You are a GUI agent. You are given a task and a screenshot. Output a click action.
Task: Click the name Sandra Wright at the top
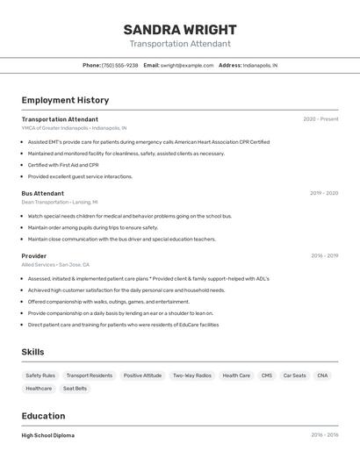179,29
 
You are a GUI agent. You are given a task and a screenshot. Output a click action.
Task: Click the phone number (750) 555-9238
119,65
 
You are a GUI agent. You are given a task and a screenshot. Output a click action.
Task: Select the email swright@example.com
187,65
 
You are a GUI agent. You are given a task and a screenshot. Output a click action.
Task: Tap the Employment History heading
65,100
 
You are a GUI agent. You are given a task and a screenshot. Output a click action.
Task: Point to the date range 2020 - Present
320,119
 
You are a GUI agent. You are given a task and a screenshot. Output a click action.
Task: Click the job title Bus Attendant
42,193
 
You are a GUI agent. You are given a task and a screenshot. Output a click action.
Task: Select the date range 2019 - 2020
323,193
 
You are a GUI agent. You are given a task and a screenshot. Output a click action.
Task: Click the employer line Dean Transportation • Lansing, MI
66,202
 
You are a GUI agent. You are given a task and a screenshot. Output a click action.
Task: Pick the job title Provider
33,256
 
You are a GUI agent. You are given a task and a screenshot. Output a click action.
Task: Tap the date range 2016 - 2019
324,256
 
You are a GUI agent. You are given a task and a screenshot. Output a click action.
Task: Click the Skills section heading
33,352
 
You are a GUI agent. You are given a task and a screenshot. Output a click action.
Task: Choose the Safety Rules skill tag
40,376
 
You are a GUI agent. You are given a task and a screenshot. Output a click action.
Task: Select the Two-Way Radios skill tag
191,376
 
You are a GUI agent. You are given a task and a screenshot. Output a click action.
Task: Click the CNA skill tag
323,376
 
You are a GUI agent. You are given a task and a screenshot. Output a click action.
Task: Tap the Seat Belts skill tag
75,388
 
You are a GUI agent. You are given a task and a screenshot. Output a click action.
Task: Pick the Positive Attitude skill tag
142,376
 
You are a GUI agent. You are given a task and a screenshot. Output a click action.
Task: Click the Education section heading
43,416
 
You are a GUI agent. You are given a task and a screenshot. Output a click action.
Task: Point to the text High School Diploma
48,435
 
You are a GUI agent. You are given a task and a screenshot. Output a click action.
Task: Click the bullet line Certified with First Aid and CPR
63,165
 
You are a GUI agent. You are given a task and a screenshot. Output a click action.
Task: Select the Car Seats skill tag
294,376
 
